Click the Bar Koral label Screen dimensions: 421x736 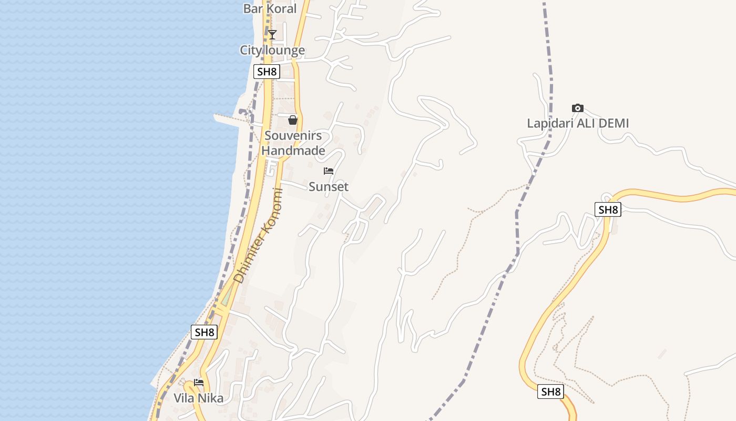pos(270,8)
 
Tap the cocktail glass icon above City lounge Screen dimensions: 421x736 pos(272,35)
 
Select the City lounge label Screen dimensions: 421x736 pos(272,51)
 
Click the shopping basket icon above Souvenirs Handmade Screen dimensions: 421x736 pos(293,120)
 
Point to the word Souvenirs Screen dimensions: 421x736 pos(293,136)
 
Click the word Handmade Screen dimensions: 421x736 pos(293,151)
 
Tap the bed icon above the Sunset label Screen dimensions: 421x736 pos(329,171)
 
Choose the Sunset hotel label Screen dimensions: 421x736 pos(329,187)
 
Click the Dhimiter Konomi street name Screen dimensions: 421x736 pos(258,236)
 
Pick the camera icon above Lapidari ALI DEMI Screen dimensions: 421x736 pos(578,108)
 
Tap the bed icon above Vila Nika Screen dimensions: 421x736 pos(199,383)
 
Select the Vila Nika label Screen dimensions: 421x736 pos(199,398)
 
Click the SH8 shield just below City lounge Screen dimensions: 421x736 pos(266,72)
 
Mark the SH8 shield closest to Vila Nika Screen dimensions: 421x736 pos(204,332)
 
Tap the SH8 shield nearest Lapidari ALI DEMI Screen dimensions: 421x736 pos(608,209)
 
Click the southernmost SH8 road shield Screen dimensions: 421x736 pos(551,392)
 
